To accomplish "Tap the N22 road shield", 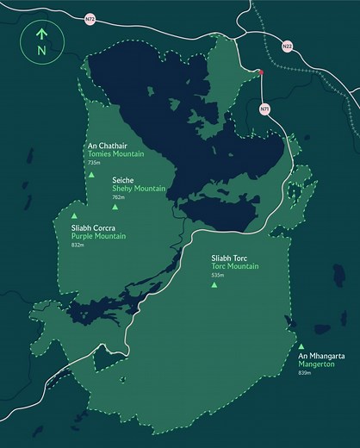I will coord(287,47).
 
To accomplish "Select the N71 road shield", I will coord(264,109).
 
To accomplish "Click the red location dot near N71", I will coord(261,74).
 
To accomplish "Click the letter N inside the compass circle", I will coord(40,51).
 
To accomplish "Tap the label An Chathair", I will coord(107,145).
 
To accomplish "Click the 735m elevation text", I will coord(95,162).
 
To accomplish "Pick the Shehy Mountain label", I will coord(139,188).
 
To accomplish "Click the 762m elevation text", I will coord(119,196).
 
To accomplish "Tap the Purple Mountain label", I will coord(98,236).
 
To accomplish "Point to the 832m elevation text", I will coord(78,245).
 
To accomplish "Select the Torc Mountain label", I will coord(235,266).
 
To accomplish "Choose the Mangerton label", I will coord(315,364).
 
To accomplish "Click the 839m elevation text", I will coord(304,372).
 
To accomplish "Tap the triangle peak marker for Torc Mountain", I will coord(214,284).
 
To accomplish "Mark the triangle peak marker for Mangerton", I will coord(301,346).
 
